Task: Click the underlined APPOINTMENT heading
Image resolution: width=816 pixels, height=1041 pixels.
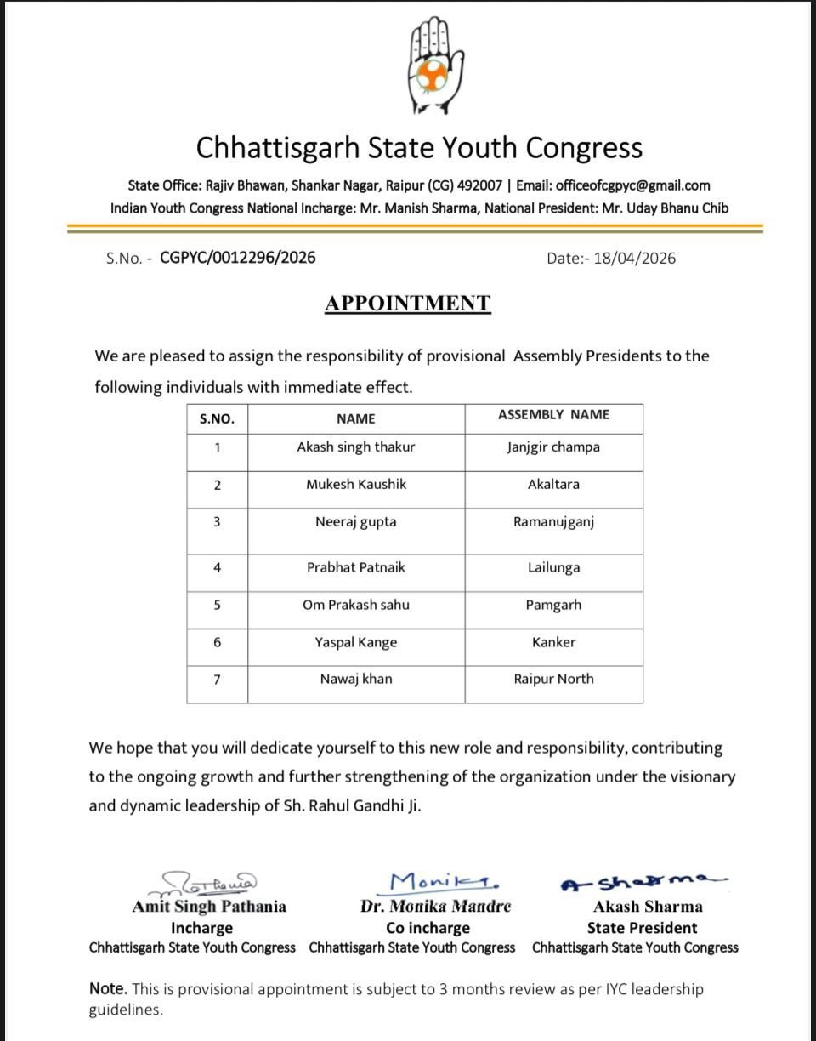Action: pos(407,304)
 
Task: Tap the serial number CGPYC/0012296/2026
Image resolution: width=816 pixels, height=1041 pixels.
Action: pos(237,257)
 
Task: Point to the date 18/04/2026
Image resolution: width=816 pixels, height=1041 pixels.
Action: pos(634,258)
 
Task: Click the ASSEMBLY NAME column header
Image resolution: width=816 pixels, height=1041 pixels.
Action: pos(553,415)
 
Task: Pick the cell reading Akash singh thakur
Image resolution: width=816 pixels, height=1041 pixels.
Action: pos(356,447)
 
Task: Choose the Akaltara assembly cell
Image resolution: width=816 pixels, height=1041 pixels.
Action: pos(553,484)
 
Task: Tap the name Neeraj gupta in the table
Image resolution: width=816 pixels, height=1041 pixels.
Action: pos(356,522)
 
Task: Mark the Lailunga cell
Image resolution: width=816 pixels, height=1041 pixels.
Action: pos(553,567)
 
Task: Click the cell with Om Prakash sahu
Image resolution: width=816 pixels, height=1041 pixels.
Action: pos(356,605)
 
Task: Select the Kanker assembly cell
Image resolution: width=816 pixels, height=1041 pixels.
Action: pos(553,642)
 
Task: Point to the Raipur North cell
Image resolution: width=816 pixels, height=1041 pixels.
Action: pos(553,679)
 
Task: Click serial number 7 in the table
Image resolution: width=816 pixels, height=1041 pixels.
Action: pos(217,680)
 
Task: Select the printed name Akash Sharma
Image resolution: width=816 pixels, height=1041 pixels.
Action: pos(648,907)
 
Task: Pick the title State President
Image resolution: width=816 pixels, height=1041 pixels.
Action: pos(642,928)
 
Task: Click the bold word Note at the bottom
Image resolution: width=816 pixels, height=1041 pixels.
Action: pos(108,989)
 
